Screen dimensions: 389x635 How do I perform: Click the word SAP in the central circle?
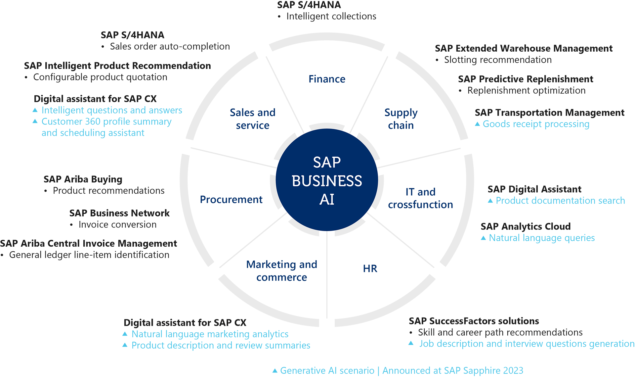coord(327,162)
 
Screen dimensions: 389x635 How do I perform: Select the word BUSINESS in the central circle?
coord(327,181)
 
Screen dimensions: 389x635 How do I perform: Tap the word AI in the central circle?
coord(327,199)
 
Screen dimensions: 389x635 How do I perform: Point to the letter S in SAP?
coord(317,162)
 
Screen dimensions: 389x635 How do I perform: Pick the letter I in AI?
coord(332,199)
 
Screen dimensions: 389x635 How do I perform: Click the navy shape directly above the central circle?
coord(326,79)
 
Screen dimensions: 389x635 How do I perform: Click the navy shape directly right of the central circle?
coord(421,203)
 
